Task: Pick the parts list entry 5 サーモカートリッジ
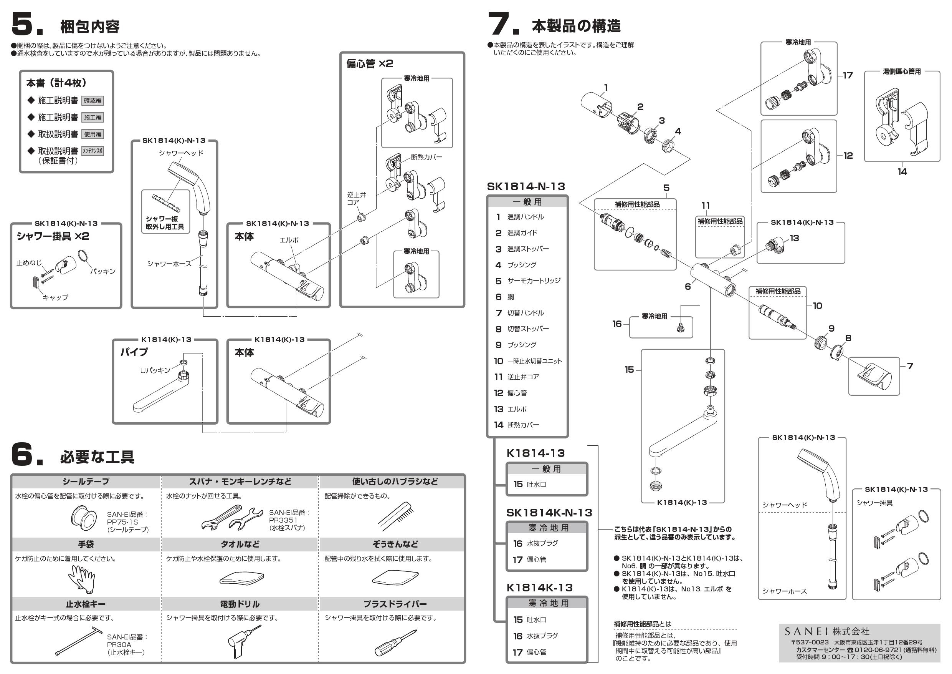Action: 527,281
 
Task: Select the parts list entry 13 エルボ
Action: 511,409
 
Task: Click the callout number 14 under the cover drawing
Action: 902,172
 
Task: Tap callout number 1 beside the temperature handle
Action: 606,88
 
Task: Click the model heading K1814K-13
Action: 539,587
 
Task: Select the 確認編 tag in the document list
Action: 93,100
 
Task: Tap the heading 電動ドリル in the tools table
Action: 240,604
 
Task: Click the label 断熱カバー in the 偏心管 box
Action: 426,157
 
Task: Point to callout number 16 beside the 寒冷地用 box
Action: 617,324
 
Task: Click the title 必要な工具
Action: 97,457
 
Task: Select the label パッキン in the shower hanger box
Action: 103,271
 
